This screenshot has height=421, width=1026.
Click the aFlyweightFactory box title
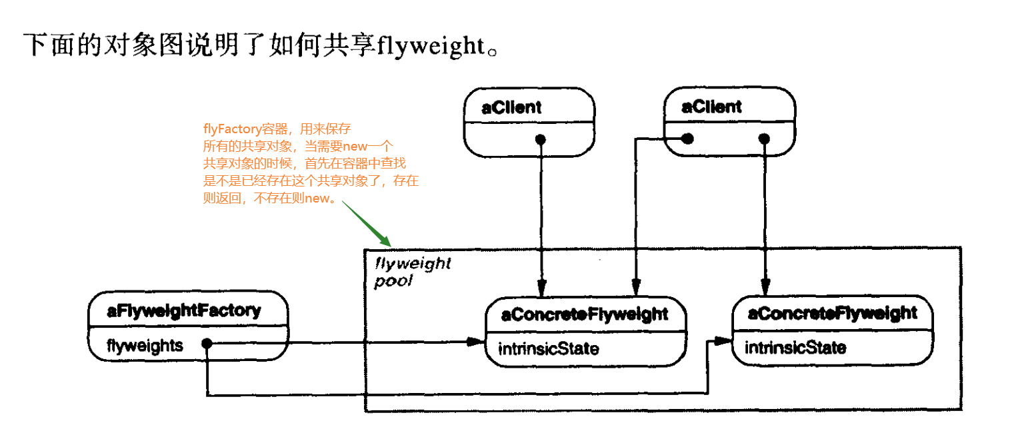tap(183, 310)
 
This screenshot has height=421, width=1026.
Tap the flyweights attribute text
tap(145, 345)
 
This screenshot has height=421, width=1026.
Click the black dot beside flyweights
tap(207, 344)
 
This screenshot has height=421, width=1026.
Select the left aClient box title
tap(511, 107)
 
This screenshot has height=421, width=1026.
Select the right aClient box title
tap(711, 107)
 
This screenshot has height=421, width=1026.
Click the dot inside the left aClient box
tap(541, 139)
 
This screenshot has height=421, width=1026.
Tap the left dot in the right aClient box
tap(687, 139)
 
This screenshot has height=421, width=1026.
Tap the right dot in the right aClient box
tap(765, 139)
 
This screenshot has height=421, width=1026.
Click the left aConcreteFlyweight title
tap(584, 314)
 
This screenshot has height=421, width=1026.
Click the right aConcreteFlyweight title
tap(832, 313)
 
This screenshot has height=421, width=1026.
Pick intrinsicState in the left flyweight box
tap(549, 348)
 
